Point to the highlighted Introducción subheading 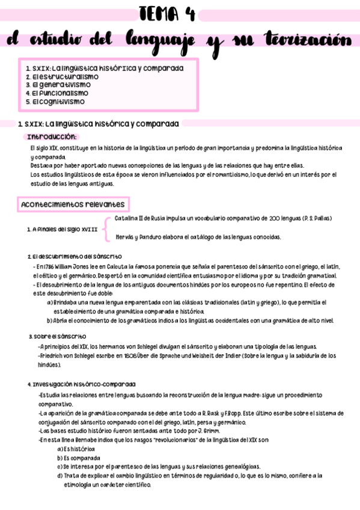tap(52, 137)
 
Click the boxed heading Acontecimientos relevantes tap(73, 204)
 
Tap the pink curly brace tap(106, 228)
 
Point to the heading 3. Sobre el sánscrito tap(57, 336)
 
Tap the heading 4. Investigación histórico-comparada tap(81, 384)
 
